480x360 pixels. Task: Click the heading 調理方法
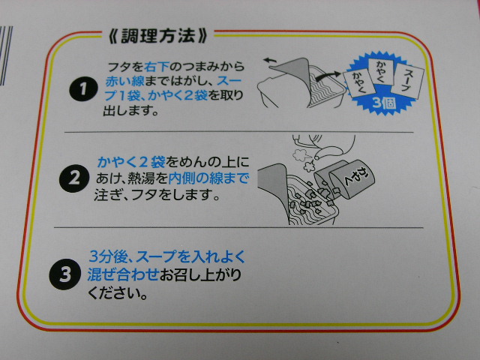click(158, 36)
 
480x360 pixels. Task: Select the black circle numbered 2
click(73, 178)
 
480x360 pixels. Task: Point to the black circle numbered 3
click(65, 274)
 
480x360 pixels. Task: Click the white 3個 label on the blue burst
click(384, 103)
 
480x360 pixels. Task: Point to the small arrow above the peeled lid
click(269, 61)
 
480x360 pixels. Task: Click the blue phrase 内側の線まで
click(208, 178)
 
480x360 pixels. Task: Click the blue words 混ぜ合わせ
click(123, 274)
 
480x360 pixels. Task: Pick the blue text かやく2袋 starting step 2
click(131, 162)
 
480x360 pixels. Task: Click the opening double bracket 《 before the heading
click(113, 36)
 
